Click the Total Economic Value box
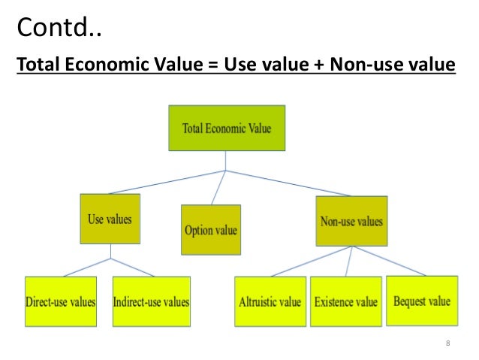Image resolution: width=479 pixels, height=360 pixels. coord(225,128)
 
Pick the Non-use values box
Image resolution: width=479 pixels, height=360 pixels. coord(351,221)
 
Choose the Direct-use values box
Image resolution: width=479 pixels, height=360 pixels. coord(60,302)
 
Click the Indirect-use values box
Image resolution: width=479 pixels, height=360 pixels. coord(152,302)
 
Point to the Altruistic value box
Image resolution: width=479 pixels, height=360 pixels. coord(269,302)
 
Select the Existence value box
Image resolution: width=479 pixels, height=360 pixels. coord(345,302)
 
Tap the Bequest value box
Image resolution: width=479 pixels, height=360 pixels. coord(421,301)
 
